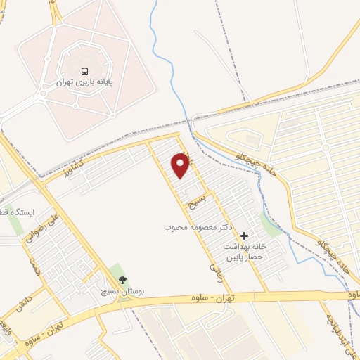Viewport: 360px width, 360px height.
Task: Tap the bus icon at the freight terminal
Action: pos(85,71)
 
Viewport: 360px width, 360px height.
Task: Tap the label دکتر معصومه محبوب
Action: pos(199,229)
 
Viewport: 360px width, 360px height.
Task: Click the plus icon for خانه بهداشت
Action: pos(244,236)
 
